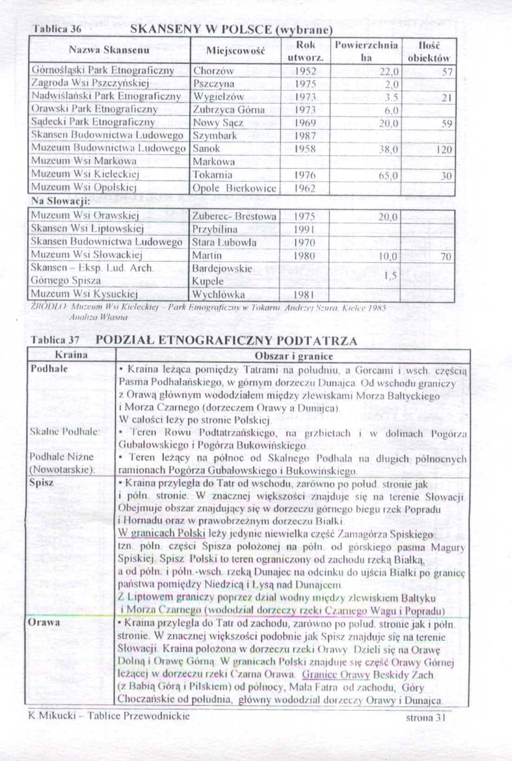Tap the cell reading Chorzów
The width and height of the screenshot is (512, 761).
(x=214, y=71)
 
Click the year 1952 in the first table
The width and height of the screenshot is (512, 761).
(x=305, y=71)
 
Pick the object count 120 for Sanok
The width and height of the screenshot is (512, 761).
(x=444, y=150)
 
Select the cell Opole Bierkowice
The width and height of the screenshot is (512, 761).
(x=234, y=188)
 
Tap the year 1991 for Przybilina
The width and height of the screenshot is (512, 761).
(x=305, y=229)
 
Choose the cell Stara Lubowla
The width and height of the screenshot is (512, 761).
(x=224, y=242)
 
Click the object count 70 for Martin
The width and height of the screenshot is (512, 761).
(x=446, y=256)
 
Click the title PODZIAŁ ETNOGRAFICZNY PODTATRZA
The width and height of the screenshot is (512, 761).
(x=226, y=340)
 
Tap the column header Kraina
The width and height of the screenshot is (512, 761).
(x=71, y=355)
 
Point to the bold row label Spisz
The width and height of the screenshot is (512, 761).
(x=41, y=482)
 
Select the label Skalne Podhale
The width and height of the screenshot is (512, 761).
(x=65, y=431)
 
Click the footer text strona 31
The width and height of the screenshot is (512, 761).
(x=426, y=717)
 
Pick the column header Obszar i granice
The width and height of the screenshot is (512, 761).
(x=294, y=356)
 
